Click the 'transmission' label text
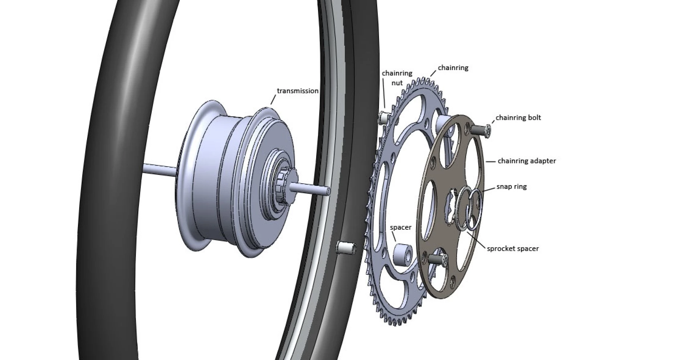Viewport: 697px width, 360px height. pyautogui.click(x=297, y=91)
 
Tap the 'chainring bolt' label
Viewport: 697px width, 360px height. pyautogui.click(x=518, y=118)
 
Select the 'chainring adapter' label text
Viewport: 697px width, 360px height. pyautogui.click(x=526, y=161)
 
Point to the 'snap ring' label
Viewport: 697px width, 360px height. pyautogui.click(x=511, y=187)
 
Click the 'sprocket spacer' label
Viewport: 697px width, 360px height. pyautogui.click(x=513, y=249)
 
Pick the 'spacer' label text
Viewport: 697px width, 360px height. pyautogui.click(x=400, y=228)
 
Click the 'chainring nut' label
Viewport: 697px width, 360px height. pyautogui.click(x=397, y=78)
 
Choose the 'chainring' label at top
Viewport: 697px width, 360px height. pyautogui.click(x=453, y=68)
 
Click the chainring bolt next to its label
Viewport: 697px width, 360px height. pyautogui.click(x=480, y=130)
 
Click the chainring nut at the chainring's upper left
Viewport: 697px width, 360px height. pyautogui.click(x=384, y=118)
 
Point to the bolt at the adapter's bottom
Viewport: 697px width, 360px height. pyautogui.click(x=437, y=259)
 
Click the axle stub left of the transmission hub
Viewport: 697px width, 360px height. pyautogui.click(x=160, y=168)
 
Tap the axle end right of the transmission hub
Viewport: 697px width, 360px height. pyautogui.click(x=312, y=189)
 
